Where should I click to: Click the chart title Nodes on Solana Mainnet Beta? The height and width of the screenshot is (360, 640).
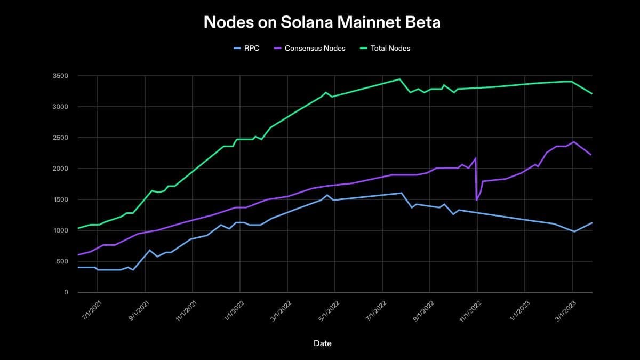pos(322,22)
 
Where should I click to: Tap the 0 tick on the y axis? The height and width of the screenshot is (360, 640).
pos(66,293)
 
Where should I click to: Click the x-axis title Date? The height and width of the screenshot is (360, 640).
pos(322,343)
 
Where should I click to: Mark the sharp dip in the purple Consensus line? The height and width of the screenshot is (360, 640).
pos(476,199)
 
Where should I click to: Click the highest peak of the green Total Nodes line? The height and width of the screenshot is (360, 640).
pos(399,79)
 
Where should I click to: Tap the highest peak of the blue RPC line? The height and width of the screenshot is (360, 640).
pos(401,193)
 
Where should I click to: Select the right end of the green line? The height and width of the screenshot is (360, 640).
pos(592,94)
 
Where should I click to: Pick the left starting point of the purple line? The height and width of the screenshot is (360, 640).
pos(78,255)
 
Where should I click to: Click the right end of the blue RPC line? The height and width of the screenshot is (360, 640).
pos(592,223)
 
